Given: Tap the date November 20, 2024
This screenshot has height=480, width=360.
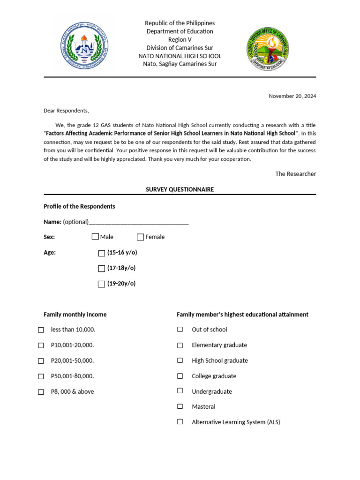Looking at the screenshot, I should coord(292,96).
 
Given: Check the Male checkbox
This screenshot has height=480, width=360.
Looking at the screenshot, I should coord(96,237).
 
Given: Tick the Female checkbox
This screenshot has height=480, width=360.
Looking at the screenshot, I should coord(141,237).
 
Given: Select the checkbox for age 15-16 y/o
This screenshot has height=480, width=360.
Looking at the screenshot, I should coord(102,253).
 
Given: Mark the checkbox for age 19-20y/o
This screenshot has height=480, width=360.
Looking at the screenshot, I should coord(101,284).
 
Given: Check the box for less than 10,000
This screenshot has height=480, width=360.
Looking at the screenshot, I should coord(41,330).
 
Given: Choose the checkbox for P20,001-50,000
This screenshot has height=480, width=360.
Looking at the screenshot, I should coord(41,361).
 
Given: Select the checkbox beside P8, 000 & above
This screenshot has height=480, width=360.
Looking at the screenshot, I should coord(41,392).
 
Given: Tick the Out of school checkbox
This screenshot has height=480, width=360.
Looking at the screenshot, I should coord(180,330).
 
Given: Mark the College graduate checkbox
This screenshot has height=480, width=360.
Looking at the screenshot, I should coord(180,376).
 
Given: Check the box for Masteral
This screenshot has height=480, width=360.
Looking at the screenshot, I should coord(180,406).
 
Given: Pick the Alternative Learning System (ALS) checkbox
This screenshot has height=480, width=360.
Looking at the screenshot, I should coord(180,422).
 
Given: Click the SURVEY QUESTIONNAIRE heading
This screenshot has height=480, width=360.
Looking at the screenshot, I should coord(180,189).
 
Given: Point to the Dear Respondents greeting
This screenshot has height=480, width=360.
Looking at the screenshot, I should coord(66,111).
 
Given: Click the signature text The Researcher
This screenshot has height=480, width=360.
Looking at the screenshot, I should coord(295,174).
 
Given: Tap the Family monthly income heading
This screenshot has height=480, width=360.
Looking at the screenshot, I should coord(75,315).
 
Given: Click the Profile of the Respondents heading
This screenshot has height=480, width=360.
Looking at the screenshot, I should coord(79,206).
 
